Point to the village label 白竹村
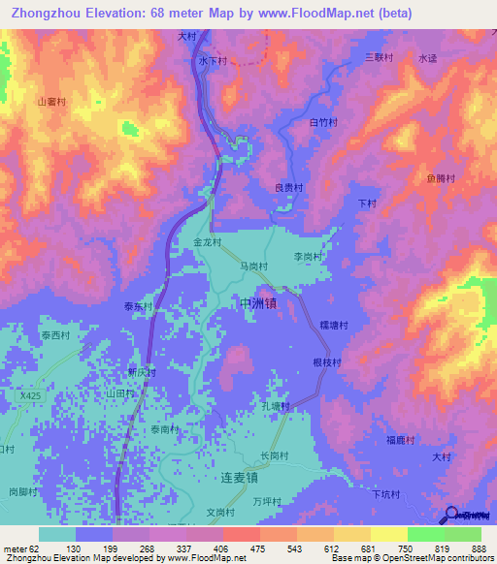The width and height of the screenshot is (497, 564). [321, 123]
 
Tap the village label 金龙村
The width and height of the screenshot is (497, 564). [208, 242]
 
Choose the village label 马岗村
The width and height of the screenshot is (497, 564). [253, 266]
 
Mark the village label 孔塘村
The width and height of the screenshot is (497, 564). [276, 407]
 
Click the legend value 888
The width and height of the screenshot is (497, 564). [479, 550]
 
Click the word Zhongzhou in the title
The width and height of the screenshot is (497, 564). [50, 14]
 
